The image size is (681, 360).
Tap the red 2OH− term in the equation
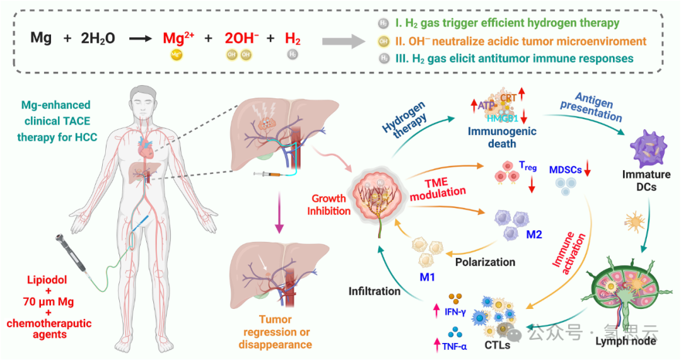242,38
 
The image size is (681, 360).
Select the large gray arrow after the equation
342,42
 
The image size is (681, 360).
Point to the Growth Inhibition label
329,204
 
